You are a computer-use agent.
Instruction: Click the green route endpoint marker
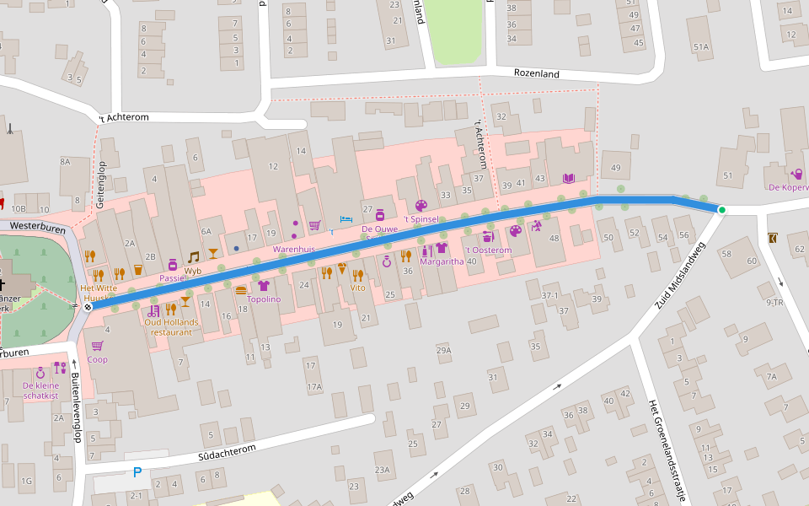[722, 209]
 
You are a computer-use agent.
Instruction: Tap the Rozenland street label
[537, 73]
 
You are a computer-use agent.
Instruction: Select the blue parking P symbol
[137, 473]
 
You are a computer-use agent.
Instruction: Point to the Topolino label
[264, 299]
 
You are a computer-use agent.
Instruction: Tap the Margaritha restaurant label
[442, 261]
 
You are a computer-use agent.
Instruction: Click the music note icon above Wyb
[194, 256]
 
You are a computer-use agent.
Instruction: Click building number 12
[273, 166]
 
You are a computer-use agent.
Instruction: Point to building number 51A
[700, 46]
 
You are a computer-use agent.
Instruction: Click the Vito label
[357, 288]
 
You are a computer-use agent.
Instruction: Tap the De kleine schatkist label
[40, 390]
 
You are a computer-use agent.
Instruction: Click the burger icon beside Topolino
[241, 289]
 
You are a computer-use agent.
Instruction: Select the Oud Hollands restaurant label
[172, 326]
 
